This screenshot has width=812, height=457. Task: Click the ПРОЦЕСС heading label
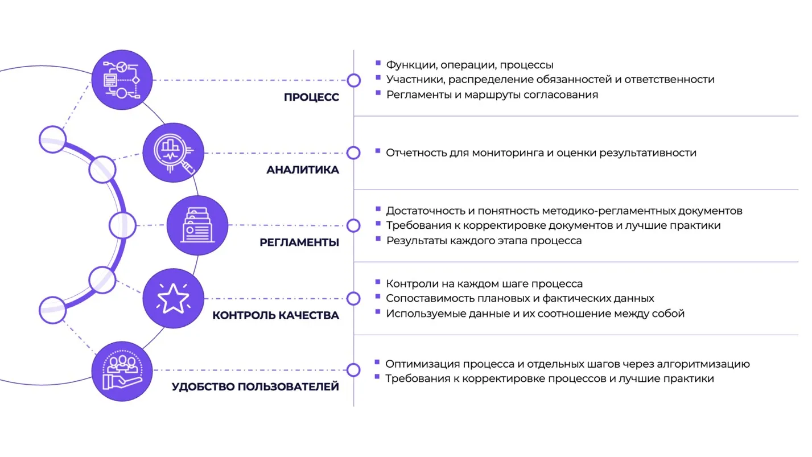(x=311, y=97)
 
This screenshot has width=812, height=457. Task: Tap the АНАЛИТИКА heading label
(x=303, y=170)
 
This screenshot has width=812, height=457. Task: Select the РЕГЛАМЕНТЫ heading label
(x=299, y=242)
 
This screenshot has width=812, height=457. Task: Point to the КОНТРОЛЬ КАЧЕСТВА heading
(x=276, y=315)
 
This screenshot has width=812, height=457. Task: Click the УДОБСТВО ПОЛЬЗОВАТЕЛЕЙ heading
(x=255, y=386)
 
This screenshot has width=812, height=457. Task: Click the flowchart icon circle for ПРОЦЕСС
(x=122, y=80)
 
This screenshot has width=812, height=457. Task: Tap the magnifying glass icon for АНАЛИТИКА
(x=174, y=153)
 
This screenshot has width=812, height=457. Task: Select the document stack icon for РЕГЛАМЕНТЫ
(x=197, y=225)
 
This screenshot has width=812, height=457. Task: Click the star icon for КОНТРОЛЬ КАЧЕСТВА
(x=174, y=298)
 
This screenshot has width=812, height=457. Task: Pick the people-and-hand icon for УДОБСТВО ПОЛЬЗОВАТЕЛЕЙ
(x=122, y=371)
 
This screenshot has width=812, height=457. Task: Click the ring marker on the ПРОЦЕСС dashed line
(x=354, y=80)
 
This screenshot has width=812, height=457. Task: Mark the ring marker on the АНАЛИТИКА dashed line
(x=353, y=153)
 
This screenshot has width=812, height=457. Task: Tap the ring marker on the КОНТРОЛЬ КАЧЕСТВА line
(x=353, y=298)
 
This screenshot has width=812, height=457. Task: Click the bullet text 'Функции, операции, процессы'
(x=470, y=65)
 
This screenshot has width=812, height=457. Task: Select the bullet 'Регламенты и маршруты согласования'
(x=492, y=94)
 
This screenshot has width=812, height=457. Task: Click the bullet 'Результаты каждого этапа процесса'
(x=484, y=241)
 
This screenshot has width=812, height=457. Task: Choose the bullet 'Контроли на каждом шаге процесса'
(x=484, y=283)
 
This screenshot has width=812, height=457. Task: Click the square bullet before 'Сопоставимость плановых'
(x=378, y=297)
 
